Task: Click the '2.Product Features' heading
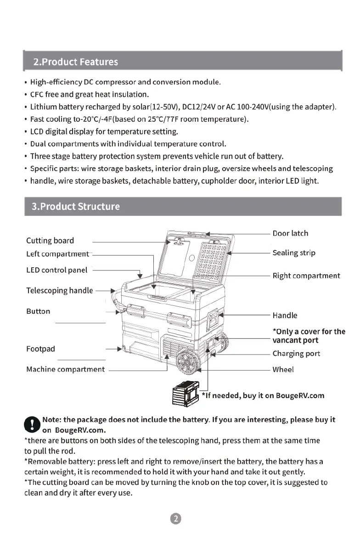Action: tap(75, 62)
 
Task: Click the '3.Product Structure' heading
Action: tap(76, 206)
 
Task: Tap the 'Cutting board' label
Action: tap(50, 241)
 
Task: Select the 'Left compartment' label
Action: tap(57, 254)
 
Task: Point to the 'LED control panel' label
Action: tap(56, 270)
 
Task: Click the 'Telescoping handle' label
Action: tap(60, 291)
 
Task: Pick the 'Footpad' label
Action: tap(40, 349)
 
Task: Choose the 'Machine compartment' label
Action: tap(65, 369)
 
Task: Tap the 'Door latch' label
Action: tap(290, 233)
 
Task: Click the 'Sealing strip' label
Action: tap(294, 253)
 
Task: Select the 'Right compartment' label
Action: tap(306, 276)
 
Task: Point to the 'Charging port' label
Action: tap(296, 354)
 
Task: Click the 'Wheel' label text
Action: tap(283, 369)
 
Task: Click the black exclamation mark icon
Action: tap(31, 423)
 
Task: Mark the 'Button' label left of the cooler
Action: tap(38, 311)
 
